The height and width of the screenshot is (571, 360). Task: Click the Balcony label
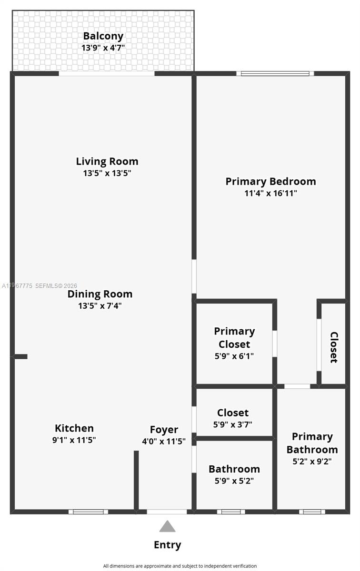pos(103,36)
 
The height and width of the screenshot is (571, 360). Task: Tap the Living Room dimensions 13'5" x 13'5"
pos(107,173)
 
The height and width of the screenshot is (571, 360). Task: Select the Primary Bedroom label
pos(270,181)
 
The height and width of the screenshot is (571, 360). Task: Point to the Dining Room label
pos(100,294)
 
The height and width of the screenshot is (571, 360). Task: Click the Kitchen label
pos(74,428)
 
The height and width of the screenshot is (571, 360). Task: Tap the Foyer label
pos(164,430)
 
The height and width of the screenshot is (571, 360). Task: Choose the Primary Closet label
pos(234,337)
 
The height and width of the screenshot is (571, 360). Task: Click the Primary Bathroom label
pos(312,443)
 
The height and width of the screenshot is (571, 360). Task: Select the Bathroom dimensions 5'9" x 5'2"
pos(234,481)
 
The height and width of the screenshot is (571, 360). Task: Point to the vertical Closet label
pos(334,347)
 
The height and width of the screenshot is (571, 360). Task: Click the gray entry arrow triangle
pos(167,526)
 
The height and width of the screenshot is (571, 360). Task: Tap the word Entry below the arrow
pos(167,545)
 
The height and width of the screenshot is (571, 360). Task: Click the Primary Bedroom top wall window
pos(275,74)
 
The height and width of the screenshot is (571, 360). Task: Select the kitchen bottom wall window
pos(88,512)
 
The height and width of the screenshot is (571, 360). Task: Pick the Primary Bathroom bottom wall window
pos(312,512)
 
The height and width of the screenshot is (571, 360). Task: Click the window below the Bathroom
pos(231,512)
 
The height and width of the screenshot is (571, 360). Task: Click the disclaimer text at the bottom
pos(180,566)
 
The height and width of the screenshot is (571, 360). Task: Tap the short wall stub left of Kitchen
pos(20,356)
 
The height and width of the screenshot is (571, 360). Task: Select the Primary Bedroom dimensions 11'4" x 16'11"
pos(270,194)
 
